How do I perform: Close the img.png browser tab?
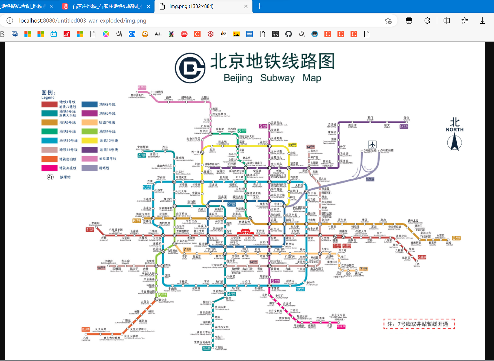coord(246,6)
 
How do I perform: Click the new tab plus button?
coord(259,6)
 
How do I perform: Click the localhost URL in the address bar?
coord(83,21)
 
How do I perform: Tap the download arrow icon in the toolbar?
coord(482,21)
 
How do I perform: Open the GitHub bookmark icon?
coord(289,34)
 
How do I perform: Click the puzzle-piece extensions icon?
coord(427,21)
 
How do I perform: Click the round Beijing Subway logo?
coord(190,68)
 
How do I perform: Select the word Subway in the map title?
coord(277,78)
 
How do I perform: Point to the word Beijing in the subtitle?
coord(238,78)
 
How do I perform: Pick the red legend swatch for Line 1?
coord(49,104)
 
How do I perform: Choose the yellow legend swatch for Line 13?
coord(89,140)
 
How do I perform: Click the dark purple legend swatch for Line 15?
coord(89,150)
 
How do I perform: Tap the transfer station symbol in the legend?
coord(50,177)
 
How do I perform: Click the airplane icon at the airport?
coord(372,144)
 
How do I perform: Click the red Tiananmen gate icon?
coord(245,232)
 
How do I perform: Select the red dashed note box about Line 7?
coord(419,324)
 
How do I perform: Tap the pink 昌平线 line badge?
coord(142,87)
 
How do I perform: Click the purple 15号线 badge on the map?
coord(404,127)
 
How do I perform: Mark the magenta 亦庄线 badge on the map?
coord(341,327)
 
